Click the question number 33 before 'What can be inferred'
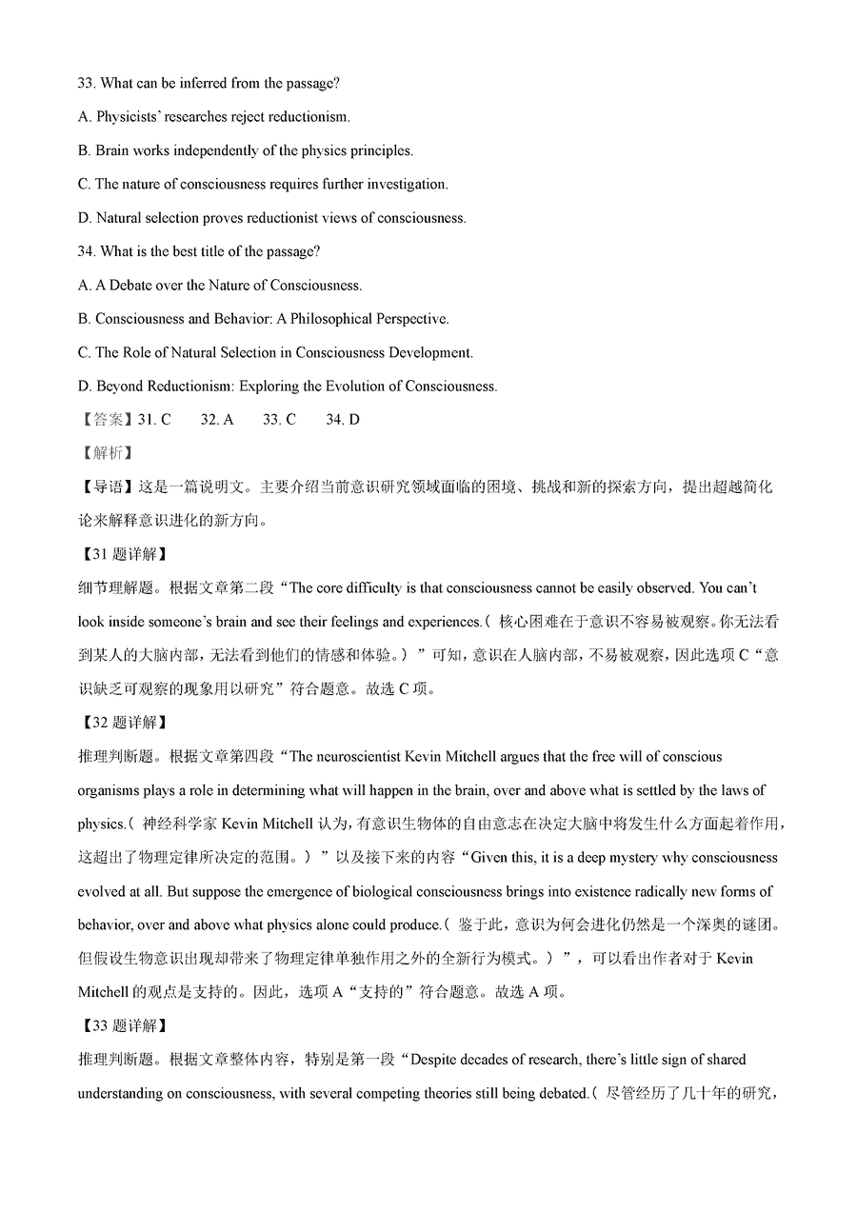[x=86, y=84]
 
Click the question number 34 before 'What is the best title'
[x=86, y=251]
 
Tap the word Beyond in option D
[x=118, y=387]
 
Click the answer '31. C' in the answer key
[x=154, y=420]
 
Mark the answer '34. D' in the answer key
[x=343, y=420]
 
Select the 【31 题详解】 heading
[x=121, y=554]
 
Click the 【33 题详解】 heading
[x=121, y=1025]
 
